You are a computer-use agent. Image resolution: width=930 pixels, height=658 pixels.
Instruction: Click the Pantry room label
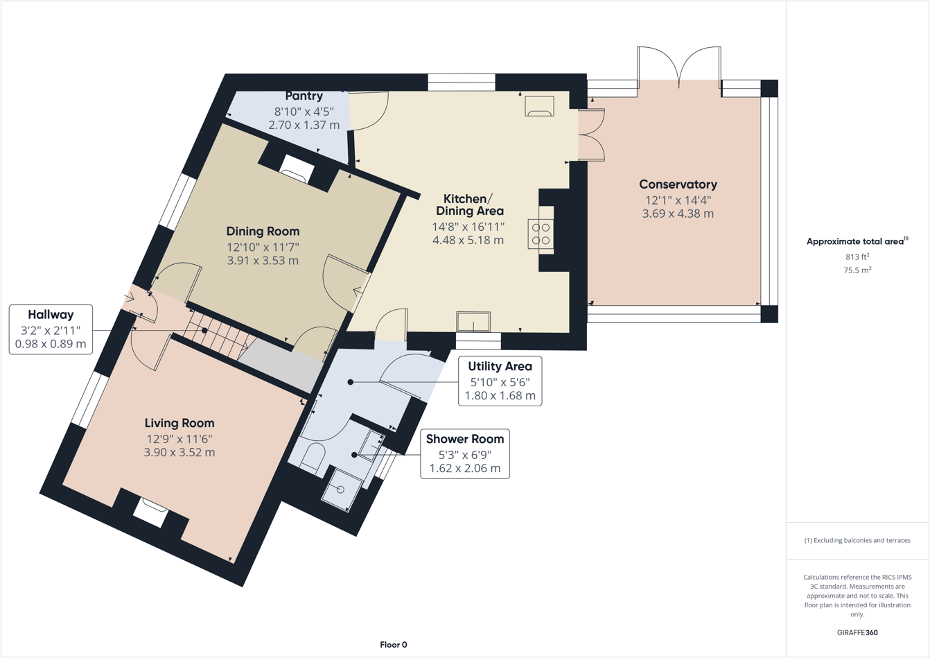click(x=304, y=96)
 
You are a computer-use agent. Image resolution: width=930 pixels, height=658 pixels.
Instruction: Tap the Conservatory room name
click(x=678, y=184)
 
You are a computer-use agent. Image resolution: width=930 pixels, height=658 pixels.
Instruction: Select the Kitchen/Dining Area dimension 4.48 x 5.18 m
click(x=469, y=241)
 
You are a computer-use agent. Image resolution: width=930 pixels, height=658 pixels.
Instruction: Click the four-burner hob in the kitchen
click(x=541, y=234)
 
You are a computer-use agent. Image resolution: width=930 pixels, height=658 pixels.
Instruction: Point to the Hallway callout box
click(x=51, y=329)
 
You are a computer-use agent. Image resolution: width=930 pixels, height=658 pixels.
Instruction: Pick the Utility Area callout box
click(x=500, y=381)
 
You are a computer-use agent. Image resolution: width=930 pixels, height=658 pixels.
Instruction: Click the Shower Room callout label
click(x=465, y=439)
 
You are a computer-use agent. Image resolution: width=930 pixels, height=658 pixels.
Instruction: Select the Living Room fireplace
click(x=151, y=511)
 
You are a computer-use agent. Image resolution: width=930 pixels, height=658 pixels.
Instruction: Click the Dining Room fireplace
click(x=297, y=168)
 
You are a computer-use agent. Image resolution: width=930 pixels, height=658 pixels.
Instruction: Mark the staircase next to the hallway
click(x=220, y=335)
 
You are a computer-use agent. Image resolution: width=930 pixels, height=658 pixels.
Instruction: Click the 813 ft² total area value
click(x=857, y=257)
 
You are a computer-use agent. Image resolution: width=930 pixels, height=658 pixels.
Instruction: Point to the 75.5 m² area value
click(x=857, y=270)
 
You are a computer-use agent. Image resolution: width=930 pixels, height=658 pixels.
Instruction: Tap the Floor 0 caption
click(x=394, y=645)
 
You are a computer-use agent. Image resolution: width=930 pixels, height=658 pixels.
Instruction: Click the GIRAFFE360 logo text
click(x=857, y=632)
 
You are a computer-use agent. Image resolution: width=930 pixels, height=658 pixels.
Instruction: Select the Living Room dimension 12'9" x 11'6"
click(x=179, y=439)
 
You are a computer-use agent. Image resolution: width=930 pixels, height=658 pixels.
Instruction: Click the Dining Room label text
click(x=263, y=232)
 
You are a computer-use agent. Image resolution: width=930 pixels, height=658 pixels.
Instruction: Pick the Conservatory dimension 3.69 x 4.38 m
click(x=678, y=214)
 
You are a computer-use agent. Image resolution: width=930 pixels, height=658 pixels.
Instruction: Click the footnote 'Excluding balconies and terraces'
click(x=857, y=540)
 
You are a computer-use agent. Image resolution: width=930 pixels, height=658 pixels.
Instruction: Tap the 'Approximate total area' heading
click(x=856, y=241)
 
